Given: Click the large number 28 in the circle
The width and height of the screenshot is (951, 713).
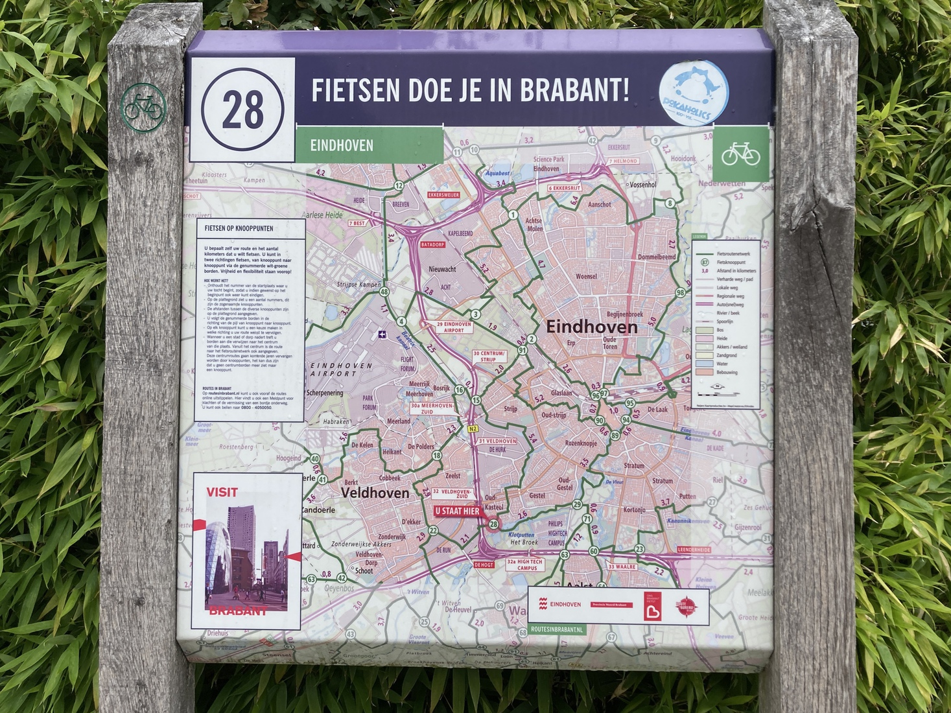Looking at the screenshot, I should [x=242, y=108].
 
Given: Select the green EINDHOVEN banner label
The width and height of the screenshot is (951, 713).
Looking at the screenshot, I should [x=342, y=145].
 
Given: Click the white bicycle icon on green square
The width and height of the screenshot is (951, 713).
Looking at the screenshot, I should [x=740, y=154].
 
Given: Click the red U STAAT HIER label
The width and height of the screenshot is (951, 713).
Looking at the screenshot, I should [x=458, y=511].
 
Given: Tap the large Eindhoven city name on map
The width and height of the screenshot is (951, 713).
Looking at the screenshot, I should [x=591, y=327].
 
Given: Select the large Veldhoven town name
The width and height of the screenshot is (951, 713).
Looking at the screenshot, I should [x=375, y=493].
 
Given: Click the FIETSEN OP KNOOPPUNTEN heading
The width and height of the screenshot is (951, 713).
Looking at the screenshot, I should [x=239, y=228].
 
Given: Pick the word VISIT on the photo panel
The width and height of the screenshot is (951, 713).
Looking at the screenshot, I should [x=222, y=492].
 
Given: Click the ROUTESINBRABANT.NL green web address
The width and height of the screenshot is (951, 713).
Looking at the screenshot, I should [x=557, y=629].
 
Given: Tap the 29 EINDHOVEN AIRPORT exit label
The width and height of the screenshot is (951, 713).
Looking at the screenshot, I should [x=454, y=327].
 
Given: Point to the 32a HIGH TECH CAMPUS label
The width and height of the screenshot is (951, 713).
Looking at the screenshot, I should [x=525, y=565].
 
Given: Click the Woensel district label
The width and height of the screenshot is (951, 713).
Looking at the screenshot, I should [x=586, y=277].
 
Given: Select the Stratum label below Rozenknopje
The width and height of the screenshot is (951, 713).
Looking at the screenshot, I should [x=634, y=465].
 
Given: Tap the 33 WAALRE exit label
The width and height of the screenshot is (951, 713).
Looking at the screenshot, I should [x=622, y=567].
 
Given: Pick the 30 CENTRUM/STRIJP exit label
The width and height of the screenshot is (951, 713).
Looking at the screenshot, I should [x=489, y=356].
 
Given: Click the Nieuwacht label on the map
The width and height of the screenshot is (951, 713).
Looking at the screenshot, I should [x=442, y=269].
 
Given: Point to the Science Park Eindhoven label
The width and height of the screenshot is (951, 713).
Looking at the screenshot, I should [x=548, y=163].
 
